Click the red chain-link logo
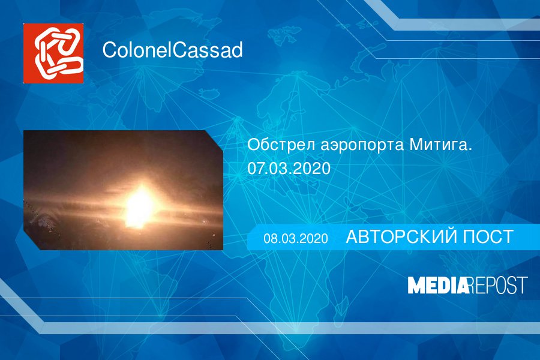[53, 53]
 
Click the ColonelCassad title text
[173, 50]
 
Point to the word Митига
[440, 145]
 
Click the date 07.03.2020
[289, 169]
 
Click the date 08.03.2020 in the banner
[296, 238]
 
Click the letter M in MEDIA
[416, 285]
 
